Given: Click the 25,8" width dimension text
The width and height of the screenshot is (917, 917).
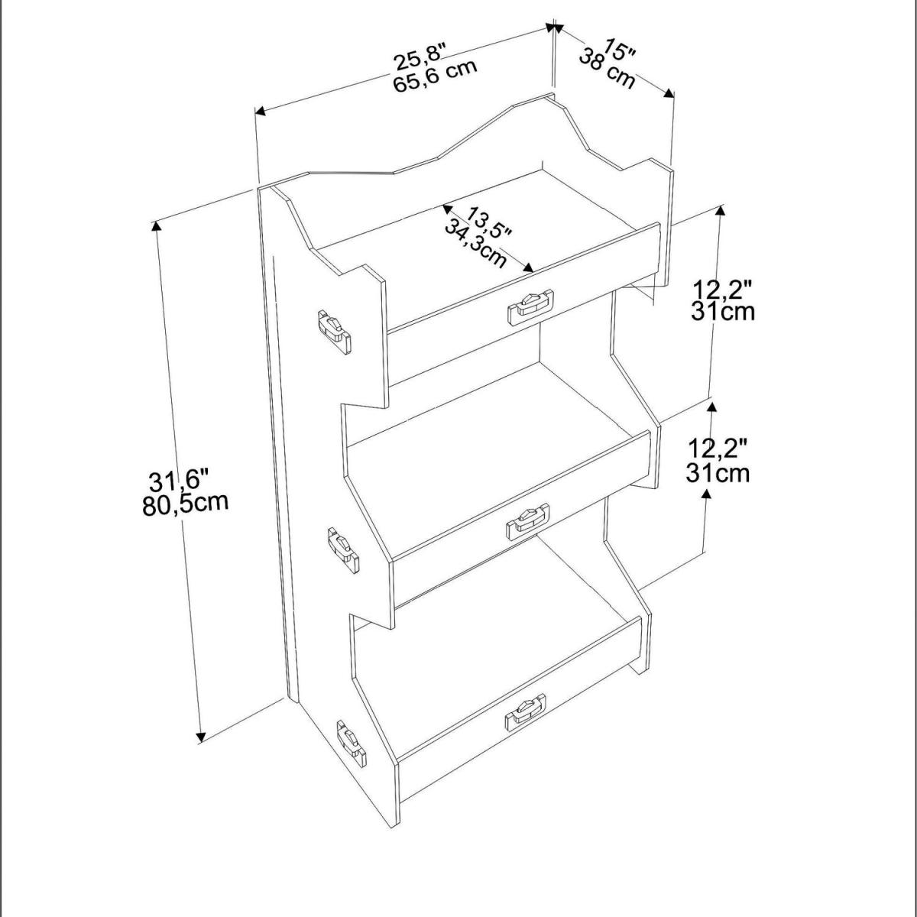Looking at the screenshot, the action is (420, 56).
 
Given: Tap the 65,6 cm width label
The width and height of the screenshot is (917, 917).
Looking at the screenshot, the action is (435, 76).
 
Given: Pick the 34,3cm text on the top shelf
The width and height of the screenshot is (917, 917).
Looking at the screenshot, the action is (475, 244).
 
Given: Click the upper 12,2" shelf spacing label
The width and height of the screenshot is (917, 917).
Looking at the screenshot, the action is (722, 290).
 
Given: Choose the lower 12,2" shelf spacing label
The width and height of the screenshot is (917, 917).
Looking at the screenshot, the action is (717, 449).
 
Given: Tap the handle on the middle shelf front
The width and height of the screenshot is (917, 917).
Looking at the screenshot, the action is (528, 521).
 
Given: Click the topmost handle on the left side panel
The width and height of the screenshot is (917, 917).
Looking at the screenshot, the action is (335, 331).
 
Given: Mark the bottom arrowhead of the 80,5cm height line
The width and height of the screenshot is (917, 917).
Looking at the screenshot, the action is (201, 750).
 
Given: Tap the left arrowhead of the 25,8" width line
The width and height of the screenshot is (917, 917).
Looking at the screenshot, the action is (261, 112).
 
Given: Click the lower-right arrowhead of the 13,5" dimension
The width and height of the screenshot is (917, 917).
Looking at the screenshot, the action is (528, 268).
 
